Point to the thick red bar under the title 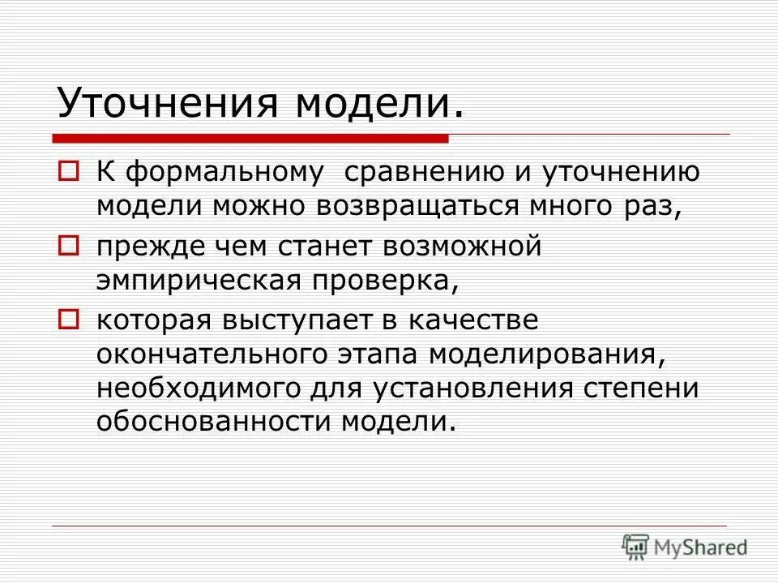[251, 139]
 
